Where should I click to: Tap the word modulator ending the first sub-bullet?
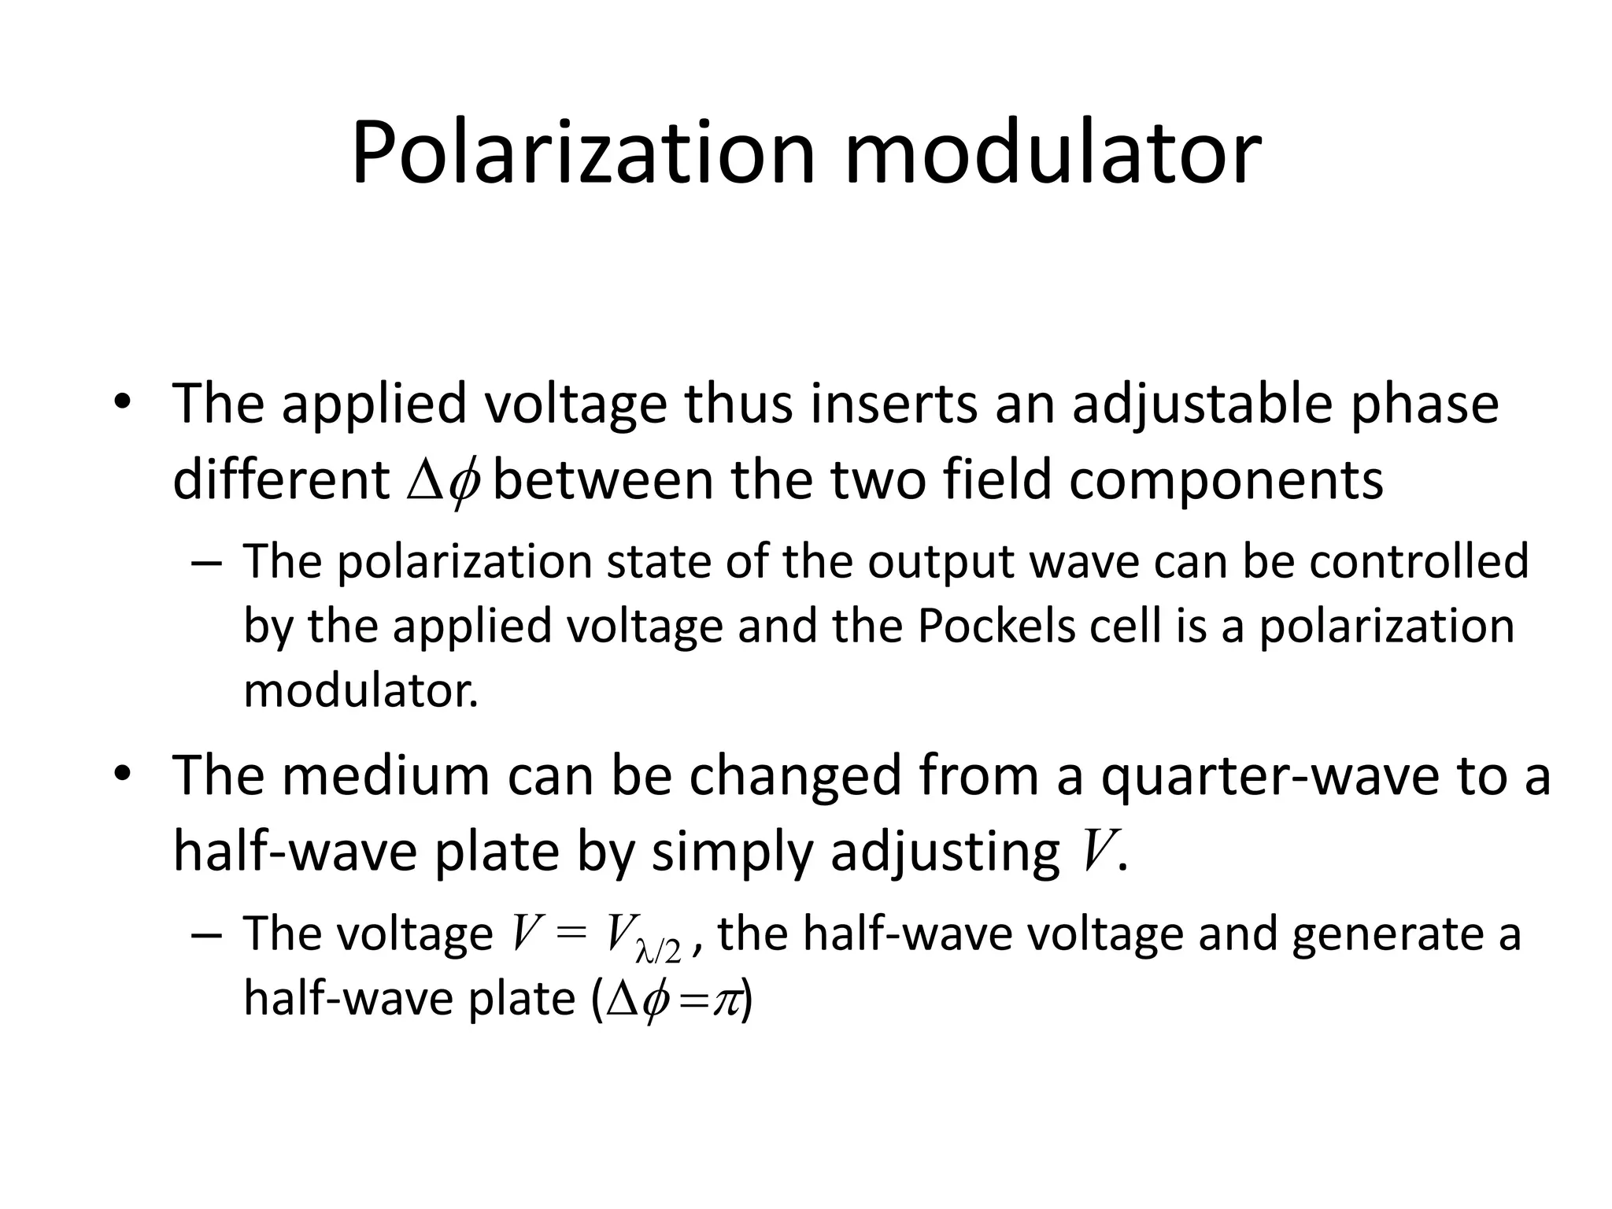pyautogui.click(x=360, y=690)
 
